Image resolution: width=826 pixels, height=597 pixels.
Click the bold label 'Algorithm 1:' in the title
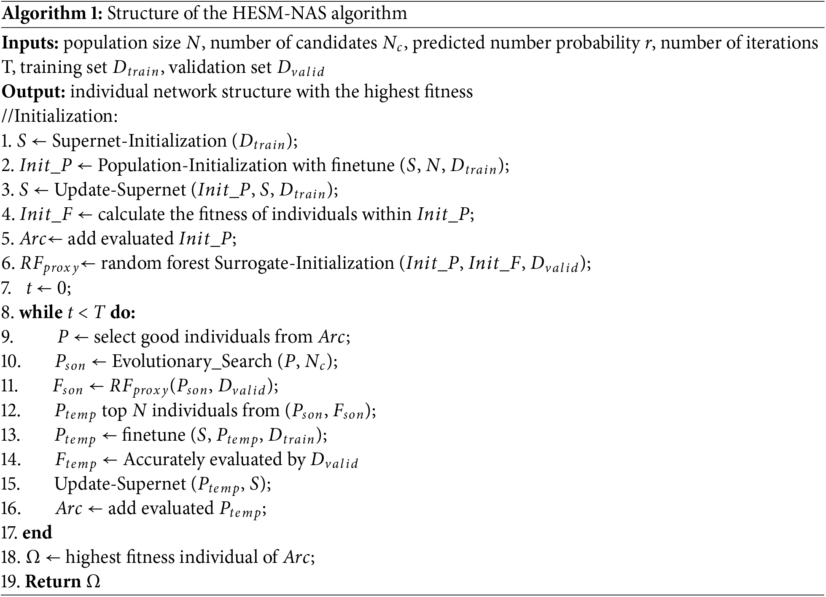tap(52, 13)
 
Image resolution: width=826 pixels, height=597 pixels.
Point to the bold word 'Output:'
tap(34, 92)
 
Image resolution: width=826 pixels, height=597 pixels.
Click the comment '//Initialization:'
tap(60, 116)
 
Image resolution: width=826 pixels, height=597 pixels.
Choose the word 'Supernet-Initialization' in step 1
tap(139, 141)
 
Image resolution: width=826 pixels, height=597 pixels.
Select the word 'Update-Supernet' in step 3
tap(120, 190)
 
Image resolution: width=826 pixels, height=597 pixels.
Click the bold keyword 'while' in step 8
tap(41, 313)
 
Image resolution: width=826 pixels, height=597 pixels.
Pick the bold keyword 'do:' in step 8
tap(123, 313)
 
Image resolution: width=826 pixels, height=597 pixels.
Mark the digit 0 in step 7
tap(62, 288)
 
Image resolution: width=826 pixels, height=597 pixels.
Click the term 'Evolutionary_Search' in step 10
tap(192, 361)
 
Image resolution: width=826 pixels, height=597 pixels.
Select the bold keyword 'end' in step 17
tap(37, 533)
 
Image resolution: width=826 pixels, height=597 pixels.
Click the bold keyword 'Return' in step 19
tap(53, 582)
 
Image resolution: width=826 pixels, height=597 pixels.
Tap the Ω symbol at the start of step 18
tap(33, 557)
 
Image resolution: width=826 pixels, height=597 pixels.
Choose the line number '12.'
tap(11, 411)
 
